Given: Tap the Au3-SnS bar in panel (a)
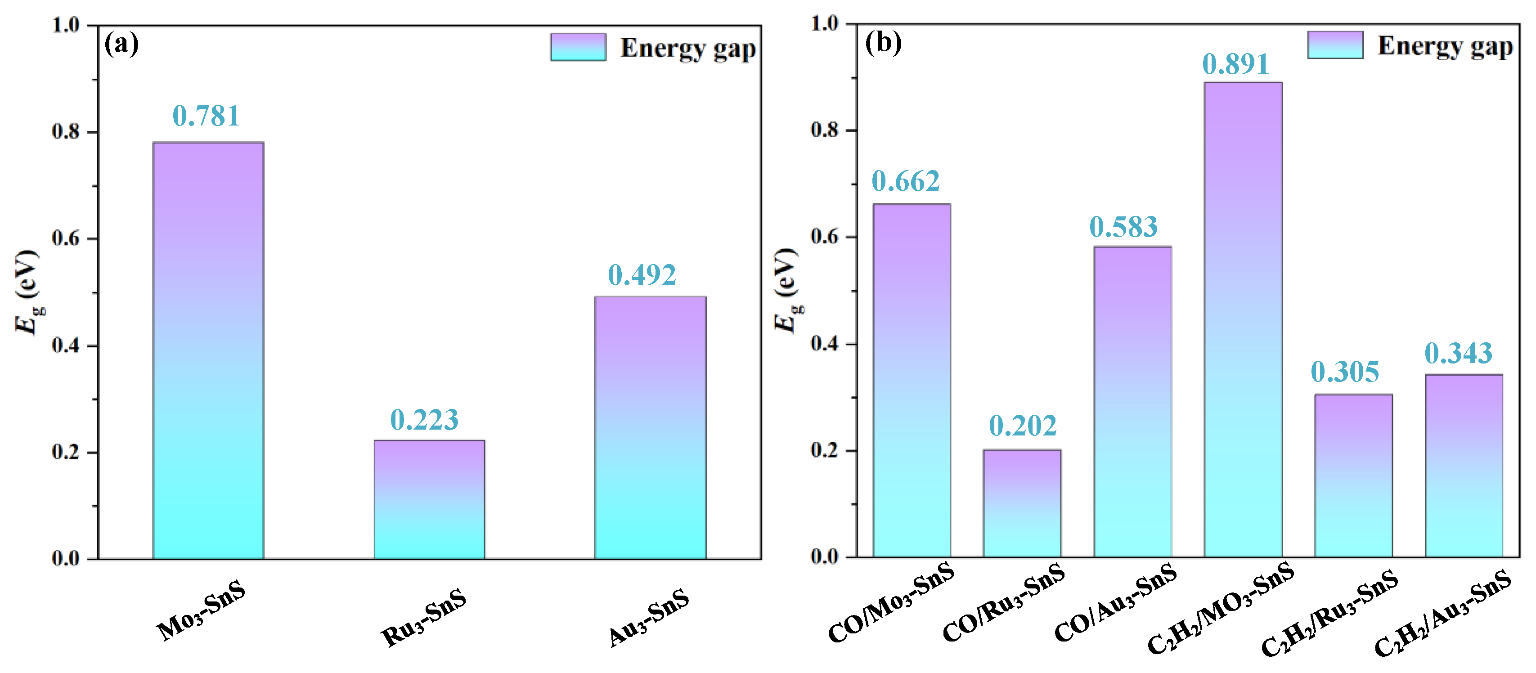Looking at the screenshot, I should [x=650, y=427].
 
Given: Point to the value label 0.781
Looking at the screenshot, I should [x=207, y=116].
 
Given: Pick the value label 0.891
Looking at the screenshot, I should [x=1235, y=64].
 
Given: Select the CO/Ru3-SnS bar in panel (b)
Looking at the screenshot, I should [x=1022, y=504].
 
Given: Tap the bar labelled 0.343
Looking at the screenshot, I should [x=1464, y=466].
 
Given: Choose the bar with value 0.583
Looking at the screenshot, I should [x=1132, y=402].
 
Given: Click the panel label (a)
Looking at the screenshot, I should [x=121, y=44].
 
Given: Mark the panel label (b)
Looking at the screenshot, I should [x=883, y=42].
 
